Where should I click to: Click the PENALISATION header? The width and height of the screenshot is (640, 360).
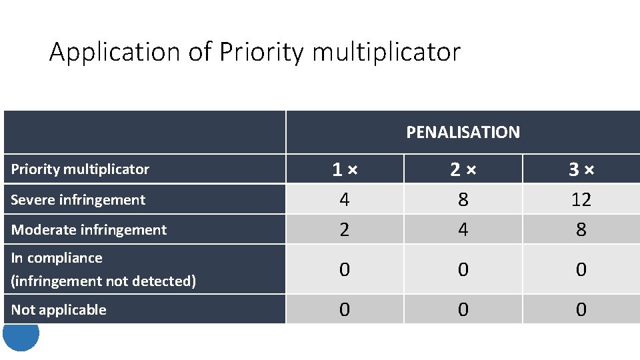(463, 132)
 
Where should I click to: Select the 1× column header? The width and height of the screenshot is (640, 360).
(344, 170)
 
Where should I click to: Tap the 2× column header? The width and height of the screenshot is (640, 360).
(463, 170)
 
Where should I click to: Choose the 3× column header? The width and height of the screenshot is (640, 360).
(581, 170)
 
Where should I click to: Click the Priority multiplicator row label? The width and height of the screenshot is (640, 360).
(80, 169)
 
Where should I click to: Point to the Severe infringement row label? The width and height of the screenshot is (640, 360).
(78, 199)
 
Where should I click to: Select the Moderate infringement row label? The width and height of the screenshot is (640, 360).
(89, 230)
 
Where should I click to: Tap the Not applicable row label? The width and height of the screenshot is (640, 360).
(59, 309)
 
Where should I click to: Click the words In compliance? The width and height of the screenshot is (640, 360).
(57, 258)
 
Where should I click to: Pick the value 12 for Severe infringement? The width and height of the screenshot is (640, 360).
(581, 199)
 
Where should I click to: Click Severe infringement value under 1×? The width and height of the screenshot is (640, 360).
(344, 199)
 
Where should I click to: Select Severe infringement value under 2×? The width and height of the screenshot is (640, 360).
(463, 199)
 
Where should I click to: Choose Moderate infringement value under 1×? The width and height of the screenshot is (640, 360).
(344, 230)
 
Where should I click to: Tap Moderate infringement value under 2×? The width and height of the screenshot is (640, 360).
(463, 230)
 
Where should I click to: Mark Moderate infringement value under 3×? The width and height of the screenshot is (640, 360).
(581, 230)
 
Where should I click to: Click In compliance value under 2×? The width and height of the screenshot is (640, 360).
(463, 269)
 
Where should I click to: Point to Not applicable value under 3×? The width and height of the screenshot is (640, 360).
(581, 309)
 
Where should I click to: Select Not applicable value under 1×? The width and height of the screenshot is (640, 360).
(344, 309)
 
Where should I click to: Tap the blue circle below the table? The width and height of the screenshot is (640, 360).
(21, 337)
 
